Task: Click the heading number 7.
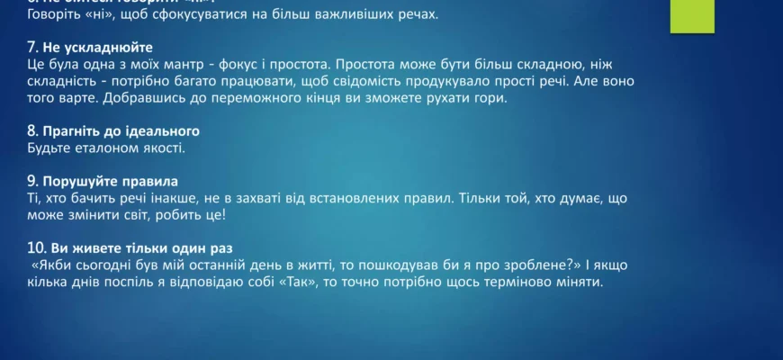(32, 47)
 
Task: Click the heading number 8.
(32, 131)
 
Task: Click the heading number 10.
(36, 249)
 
